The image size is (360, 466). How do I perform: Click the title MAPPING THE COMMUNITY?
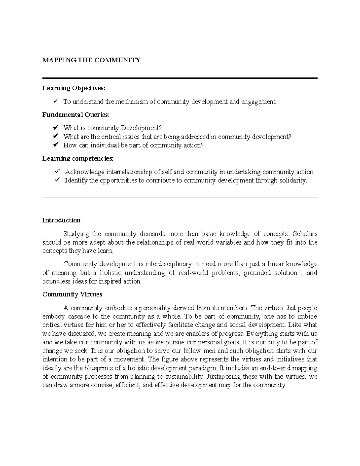pos(91,60)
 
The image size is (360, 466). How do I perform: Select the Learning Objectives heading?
pos(74,88)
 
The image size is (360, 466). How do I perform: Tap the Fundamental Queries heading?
pos(76,115)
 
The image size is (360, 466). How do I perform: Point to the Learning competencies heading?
pos(78,158)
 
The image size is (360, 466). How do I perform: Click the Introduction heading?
pos(61,220)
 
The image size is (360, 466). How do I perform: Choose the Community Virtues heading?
pos(72,295)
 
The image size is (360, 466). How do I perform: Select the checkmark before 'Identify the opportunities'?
pos(58,180)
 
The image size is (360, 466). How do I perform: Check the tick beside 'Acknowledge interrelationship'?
pos(58,171)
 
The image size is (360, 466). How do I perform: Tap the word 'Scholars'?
pos(305,234)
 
